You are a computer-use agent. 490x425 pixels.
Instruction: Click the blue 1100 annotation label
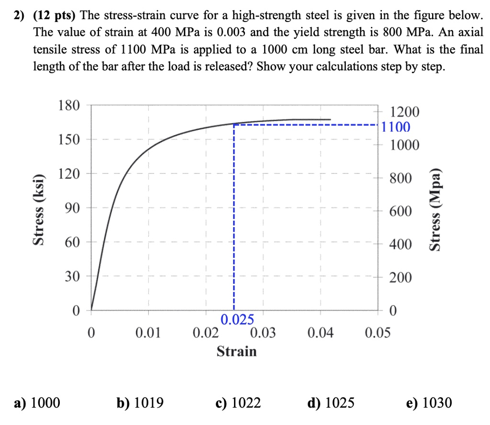396,127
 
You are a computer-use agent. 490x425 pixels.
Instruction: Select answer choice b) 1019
140,403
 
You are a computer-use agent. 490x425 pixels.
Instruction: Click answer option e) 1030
428,403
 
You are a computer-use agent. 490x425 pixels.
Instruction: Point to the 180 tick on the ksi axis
68,105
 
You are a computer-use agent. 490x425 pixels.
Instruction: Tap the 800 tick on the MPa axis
400,179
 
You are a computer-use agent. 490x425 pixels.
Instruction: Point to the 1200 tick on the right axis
405,113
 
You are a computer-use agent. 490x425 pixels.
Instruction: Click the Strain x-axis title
236,352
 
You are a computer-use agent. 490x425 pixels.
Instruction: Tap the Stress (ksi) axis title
37,207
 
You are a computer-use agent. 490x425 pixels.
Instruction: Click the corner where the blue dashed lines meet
234,124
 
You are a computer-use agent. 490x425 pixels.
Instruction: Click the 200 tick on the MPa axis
400,278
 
